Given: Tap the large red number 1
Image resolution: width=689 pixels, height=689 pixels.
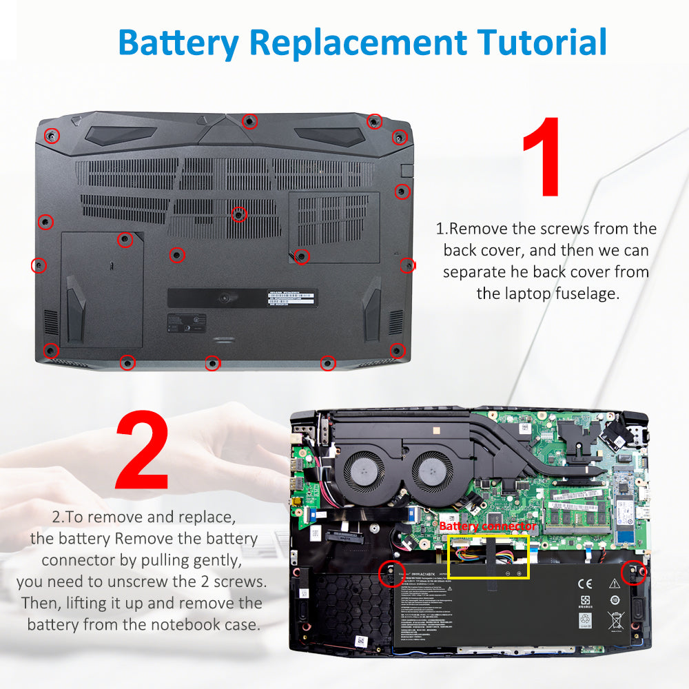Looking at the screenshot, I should coord(544,158).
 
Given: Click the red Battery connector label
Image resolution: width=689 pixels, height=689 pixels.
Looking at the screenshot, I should coord(487,526).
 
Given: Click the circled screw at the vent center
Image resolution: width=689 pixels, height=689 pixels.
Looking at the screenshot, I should coord(238,214).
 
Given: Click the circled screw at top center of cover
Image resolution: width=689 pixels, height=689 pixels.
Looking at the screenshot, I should coord(250,121).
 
